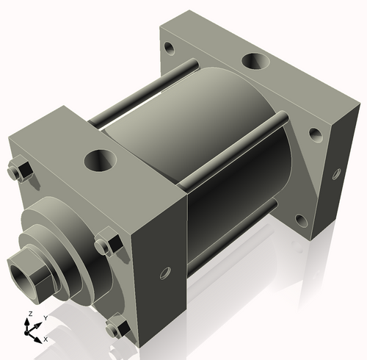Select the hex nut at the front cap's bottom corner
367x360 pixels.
tap(115, 328)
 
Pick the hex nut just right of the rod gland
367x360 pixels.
tap(106, 242)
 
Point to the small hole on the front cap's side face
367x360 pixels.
tap(164, 276)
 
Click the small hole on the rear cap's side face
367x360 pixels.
tap(337, 174)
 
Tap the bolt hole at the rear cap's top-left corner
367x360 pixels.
tap(170, 50)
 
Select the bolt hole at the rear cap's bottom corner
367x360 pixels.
tap(301, 219)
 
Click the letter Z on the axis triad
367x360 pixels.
tap(29, 314)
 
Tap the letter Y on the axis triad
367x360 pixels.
tap(45, 317)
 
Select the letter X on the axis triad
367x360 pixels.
tap(46, 339)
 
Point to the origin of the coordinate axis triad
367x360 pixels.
tap(31, 331)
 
